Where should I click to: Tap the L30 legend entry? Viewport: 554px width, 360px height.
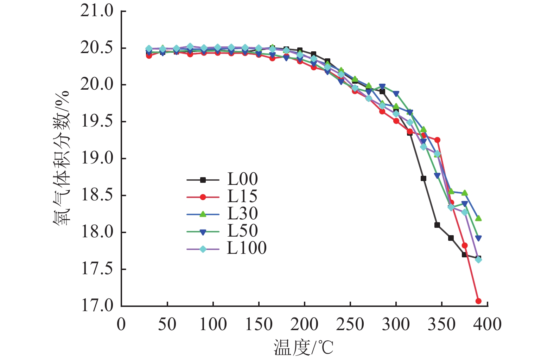click(x=242, y=214)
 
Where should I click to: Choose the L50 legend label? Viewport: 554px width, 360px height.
click(x=242, y=231)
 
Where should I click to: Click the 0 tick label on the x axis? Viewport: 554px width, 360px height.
click(x=121, y=324)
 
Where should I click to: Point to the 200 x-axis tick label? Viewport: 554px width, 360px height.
click(x=304, y=324)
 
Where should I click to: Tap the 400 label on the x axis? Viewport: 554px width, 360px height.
click(x=487, y=324)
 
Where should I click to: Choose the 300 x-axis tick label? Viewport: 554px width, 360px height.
click(x=396, y=324)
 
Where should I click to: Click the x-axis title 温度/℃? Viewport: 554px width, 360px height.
click(x=303, y=348)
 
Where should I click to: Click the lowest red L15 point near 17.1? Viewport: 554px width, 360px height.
click(x=478, y=301)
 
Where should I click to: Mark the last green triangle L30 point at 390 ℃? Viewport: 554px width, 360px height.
click(x=478, y=218)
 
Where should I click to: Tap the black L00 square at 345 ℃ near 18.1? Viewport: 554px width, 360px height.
click(x=437, y=225)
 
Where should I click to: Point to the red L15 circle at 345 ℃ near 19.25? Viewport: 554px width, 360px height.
click(x=437, y=140)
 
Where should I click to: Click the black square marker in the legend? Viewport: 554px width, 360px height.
click(x=203, y=180)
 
